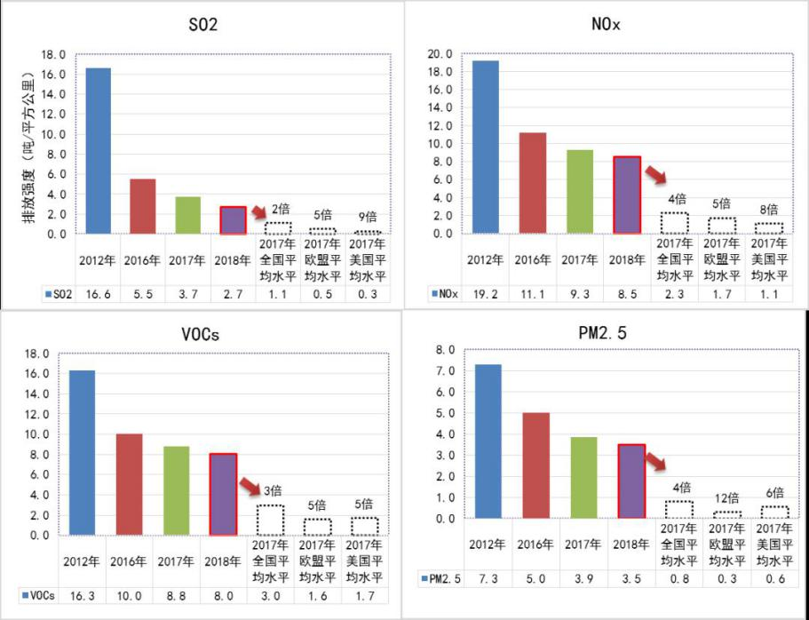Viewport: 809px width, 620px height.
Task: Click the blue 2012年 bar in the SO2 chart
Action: point(98,151)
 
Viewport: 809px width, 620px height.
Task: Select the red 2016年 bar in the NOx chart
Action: point(532,183)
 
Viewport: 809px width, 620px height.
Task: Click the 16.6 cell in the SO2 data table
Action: point(98,293)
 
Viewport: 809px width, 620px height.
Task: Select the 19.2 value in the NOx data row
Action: point(484,293)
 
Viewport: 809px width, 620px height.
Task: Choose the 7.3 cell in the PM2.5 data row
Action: point(488,579)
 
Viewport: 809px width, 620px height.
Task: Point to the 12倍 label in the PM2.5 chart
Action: point(727,498)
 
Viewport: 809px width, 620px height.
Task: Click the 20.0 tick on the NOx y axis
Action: point(441,54)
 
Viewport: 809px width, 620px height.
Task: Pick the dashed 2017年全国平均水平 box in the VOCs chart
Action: point(270,520)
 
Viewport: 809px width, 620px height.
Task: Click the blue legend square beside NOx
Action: point(434,293)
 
